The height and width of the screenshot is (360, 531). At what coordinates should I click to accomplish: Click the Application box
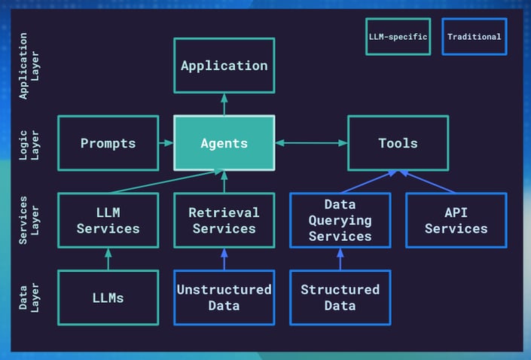pos(224,66)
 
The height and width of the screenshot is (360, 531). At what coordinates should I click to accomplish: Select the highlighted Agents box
pos(224,143)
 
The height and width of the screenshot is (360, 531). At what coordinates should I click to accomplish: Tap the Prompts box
pos(108,143)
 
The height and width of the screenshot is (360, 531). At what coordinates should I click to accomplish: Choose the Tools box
pos(398,143)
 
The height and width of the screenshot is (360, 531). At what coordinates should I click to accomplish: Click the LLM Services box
pos(108,221)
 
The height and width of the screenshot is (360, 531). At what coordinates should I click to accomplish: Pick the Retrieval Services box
pos(224,221)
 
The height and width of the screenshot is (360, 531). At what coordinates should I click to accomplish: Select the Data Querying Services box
pos(340,221)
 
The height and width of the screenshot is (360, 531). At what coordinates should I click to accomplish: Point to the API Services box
pos(456,221)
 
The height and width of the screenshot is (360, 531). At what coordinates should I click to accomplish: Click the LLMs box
pos(108,297)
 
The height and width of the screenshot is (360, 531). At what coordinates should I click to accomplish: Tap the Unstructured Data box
pos(224,297)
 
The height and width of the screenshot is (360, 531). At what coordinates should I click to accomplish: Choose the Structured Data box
pos(340,297)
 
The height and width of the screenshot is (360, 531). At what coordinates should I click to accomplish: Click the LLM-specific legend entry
pos(398,36)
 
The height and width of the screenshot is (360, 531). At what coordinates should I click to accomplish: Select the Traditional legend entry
pos(474,36)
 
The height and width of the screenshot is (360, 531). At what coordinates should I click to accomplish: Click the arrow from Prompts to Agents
pos(166,143)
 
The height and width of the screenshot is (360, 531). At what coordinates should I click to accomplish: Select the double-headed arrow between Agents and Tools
pos(311,143)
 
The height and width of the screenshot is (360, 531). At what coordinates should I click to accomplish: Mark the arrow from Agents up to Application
pos(224,104)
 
